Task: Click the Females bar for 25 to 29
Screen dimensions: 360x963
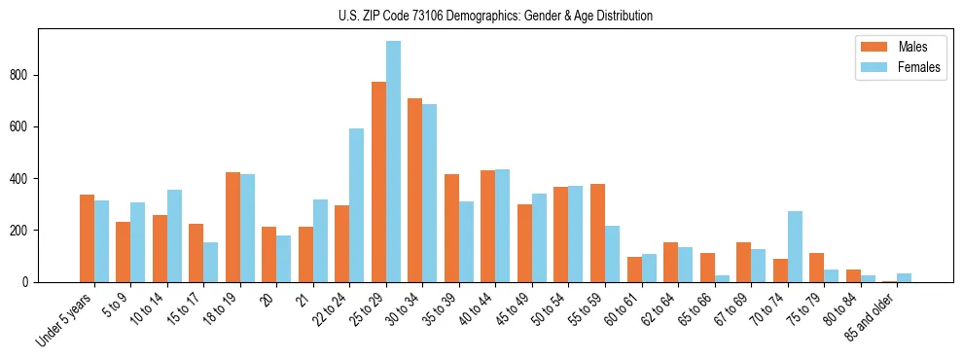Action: [393, 162]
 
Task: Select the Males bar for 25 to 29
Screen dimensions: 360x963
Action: [378, 182]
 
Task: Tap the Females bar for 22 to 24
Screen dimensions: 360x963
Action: [357, 205]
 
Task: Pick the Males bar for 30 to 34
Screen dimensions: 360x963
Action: [415, 190]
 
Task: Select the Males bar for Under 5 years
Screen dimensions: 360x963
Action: [87, 238]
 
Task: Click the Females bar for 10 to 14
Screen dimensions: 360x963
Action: [174, 235]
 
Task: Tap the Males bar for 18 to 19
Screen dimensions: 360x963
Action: [232, 227]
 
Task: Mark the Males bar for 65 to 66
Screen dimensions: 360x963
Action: [707, 268]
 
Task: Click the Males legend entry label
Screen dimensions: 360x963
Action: [912, 47]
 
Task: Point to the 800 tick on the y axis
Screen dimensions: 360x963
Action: [39, 75]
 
